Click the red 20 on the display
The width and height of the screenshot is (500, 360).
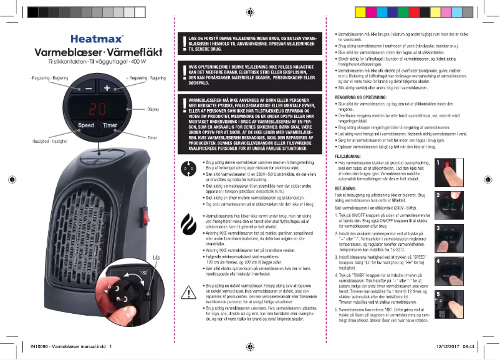point(97,108)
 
